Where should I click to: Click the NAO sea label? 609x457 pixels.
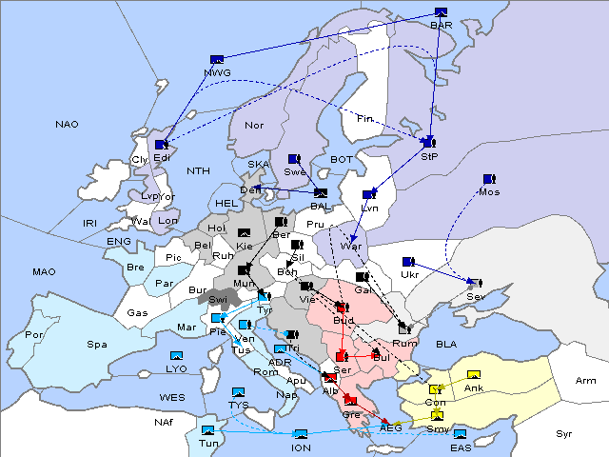pos(67,125)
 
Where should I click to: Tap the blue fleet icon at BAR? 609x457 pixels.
pos(441,12)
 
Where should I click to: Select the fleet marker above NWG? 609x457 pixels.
pos(217,59)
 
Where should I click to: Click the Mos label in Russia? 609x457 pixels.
pos(489,192)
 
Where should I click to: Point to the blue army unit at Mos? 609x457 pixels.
pos(489,178)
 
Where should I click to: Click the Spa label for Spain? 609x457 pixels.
pos(96,345)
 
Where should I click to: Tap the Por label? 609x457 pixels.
pos(34,335)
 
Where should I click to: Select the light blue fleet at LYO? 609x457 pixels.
pos(177,356)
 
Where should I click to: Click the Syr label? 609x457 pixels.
pos(564,434)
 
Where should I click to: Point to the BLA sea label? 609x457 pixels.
pos(446,344)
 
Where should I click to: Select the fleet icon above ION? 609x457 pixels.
pos(301,434)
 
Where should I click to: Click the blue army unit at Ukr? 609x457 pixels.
pos(408,262)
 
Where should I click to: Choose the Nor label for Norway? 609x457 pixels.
pos(254,126)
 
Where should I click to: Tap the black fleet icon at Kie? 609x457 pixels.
pos(245,233)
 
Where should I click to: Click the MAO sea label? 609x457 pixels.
pos(44,272)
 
